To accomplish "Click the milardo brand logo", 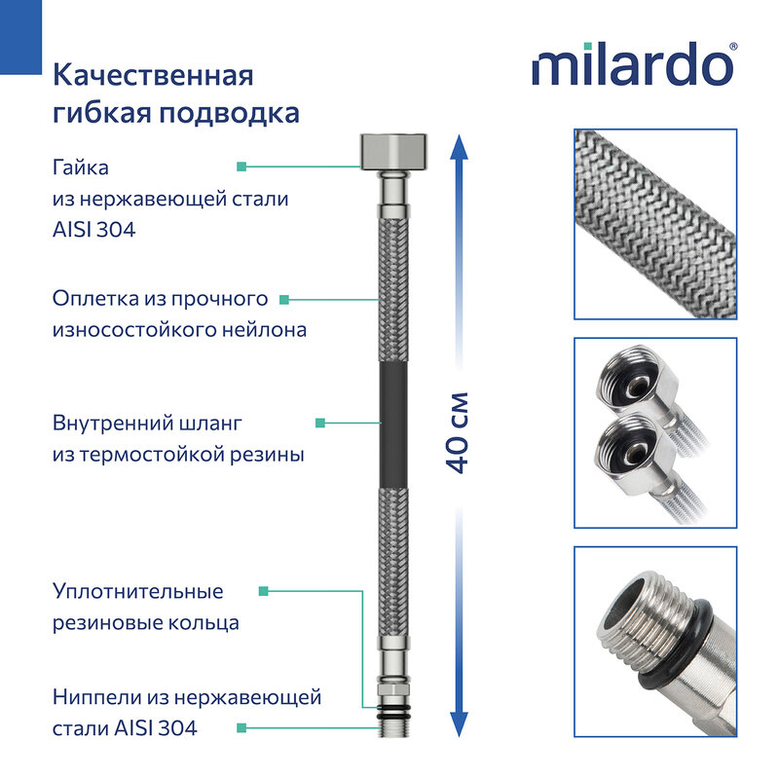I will coord(634,65).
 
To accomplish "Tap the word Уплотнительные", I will coord(137,591).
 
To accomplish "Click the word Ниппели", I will coord(96,696).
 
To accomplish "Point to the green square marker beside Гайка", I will coord(241,166).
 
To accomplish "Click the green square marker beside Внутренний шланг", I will coord(320,423).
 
